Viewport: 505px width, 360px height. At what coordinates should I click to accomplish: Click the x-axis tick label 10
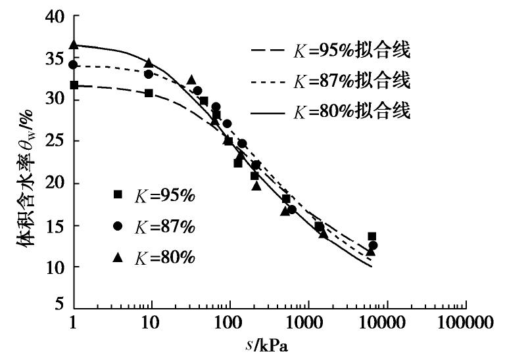(151, 324)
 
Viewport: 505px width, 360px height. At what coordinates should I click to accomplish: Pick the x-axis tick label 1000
(308, 324)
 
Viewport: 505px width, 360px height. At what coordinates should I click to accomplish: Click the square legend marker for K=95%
(118, 194)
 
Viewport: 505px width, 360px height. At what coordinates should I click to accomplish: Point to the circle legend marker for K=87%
(118, 226)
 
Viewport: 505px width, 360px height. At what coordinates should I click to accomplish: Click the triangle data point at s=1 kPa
(74, 45)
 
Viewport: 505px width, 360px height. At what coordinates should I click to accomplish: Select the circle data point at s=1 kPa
(74, 64)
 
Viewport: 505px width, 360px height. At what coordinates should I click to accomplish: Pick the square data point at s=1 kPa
(74, 85)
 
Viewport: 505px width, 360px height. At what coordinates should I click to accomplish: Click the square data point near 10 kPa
(149, 93)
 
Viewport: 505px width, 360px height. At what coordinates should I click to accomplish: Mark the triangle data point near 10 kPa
(149, 62)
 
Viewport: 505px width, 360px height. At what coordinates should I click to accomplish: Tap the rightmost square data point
(372, 236)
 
